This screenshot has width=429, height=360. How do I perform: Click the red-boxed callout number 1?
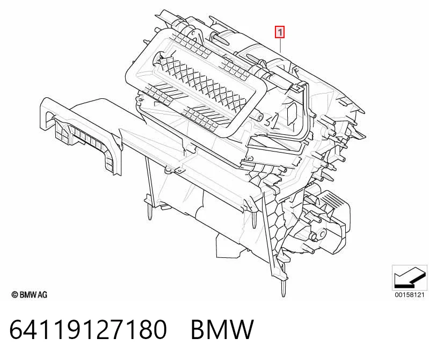[x=280, y=32]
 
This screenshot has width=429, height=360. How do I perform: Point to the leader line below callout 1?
[x=280, y=45]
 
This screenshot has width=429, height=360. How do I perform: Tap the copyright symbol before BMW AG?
[x=15, y=295]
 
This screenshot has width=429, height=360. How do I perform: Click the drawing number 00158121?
[x=409, y=295]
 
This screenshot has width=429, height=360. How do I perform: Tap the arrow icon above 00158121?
[x=409, y=277]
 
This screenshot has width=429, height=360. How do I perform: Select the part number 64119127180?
[x=88, y=329]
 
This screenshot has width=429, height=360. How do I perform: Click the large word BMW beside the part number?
[x=222, y=329]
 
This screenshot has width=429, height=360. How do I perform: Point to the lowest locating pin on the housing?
[x=283, y=289]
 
